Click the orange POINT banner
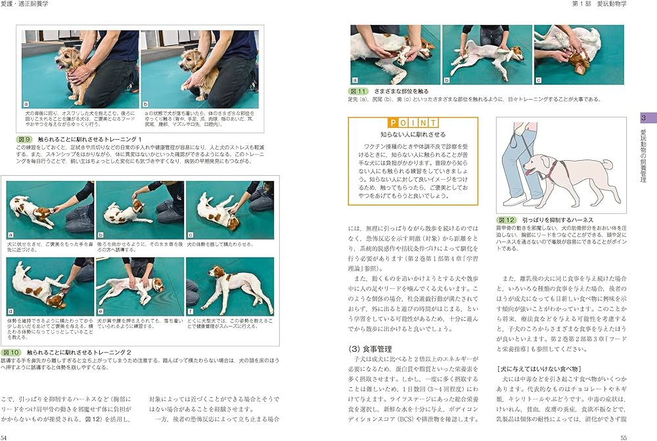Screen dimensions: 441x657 [413, 123]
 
